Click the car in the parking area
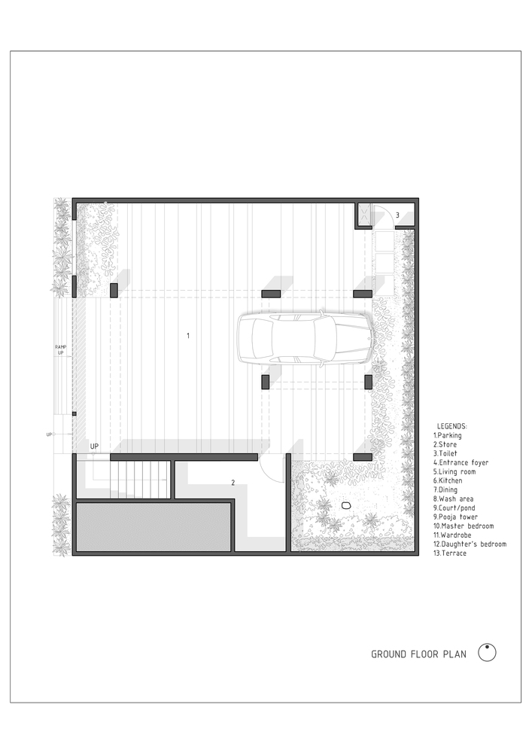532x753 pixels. pyautogui.click(x=306, y=340)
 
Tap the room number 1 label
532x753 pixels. pyautogui.click(x=188, y=335)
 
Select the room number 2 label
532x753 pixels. pyautogui.click(x=233, y=483)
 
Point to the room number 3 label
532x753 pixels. pyautogui.click(x=397, y=215)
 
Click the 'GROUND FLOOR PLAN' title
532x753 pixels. pyautogui.click(x=418, y=654)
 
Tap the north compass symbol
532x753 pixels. pyautogui.click(x=488, y=652)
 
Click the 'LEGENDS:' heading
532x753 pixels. pyautogui.click(x=452, y=426)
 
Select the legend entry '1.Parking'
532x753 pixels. pyautogui.click(x=448, y=435)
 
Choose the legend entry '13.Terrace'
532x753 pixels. pyautogui.click(x=450, y=553)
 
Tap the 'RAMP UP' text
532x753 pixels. pyautogui.click(x=61, y=349)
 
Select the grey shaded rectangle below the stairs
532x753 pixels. pyautogui.click(x=153, y=527)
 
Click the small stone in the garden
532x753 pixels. pyautogui.click(x=347, y=505)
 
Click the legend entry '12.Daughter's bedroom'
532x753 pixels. pyautogui.click(x=470, y=544)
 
